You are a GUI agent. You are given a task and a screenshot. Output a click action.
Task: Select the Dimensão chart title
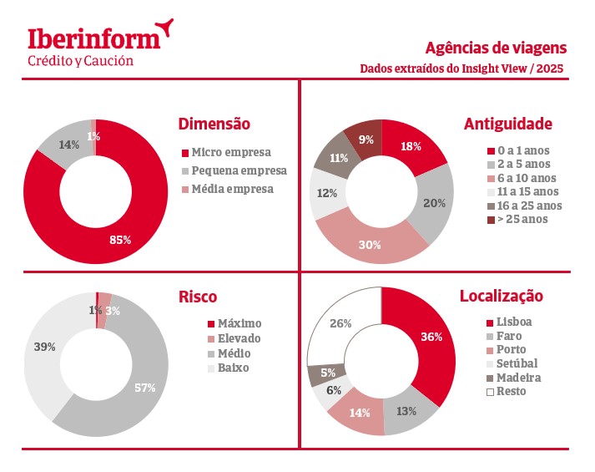click(x=214, y=124)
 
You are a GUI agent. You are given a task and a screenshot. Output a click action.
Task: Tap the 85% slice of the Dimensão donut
click(x=121, y=241)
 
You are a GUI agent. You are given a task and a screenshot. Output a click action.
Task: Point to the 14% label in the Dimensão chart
click(x=69, y=145)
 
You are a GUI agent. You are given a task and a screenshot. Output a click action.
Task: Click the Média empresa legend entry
click(x=232, y=189)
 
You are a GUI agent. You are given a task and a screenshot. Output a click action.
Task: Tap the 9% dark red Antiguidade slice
click(x=366, y=140)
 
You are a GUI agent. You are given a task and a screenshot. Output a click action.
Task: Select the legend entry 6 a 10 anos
click(x=521, y=178)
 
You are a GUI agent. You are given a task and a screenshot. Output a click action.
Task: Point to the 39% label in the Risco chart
click(x=44, y=346)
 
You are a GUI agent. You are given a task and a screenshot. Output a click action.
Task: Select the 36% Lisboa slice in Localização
click(x=431, y=338)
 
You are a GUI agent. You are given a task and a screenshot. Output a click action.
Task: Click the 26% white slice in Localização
click(x=340, y=324)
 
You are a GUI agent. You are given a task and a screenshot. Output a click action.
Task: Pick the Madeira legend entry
click(x=517, y=377)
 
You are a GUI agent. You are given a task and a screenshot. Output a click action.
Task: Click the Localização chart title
click(x=501, y=296)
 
